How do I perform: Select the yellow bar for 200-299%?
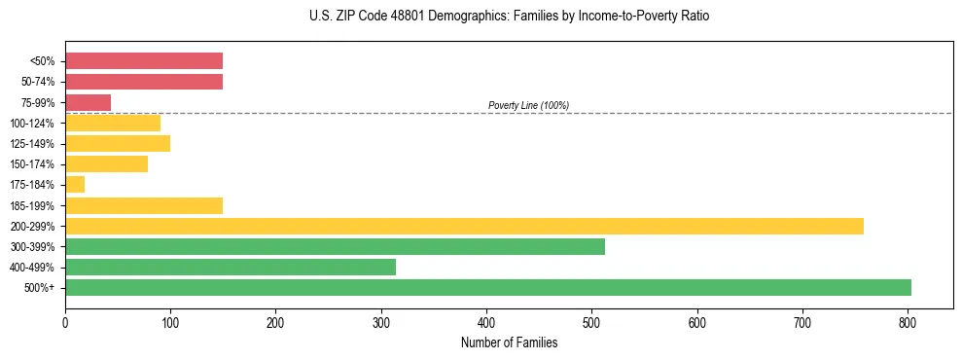tap(464, 226)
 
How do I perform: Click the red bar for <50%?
tap(144, 60)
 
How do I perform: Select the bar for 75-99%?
tap(88, 102)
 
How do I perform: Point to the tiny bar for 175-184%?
tap(75, 184)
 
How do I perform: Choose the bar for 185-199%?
tap(144, 205)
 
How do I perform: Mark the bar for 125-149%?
tap(118, 143)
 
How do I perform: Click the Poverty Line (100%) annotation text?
tap(528, 105)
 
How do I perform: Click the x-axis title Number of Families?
tap(509, 342)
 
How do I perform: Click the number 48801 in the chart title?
tap(394, 17)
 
